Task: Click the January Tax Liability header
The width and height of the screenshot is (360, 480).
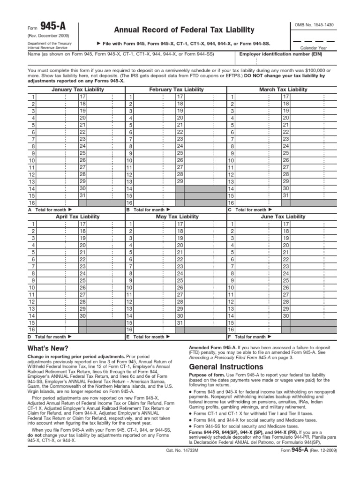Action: (x=78, y=89)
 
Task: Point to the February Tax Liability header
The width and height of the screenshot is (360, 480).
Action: (x=176, y=89)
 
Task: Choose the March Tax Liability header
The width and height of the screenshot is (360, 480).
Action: (x=283, y=89)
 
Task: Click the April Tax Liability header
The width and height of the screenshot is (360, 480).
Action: (x=78, y=217)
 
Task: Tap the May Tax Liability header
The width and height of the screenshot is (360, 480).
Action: (x=176, y=217)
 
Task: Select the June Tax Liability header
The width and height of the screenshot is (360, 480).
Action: (x=283, y=217)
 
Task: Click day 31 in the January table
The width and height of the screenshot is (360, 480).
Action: (x=82, y=195)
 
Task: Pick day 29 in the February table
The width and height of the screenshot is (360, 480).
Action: (x=180, y=181)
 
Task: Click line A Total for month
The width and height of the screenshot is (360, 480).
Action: (x=51, y=210)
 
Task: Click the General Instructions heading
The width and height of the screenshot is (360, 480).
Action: (x=219, y=367)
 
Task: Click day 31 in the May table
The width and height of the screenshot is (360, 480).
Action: (x=180, y=322)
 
